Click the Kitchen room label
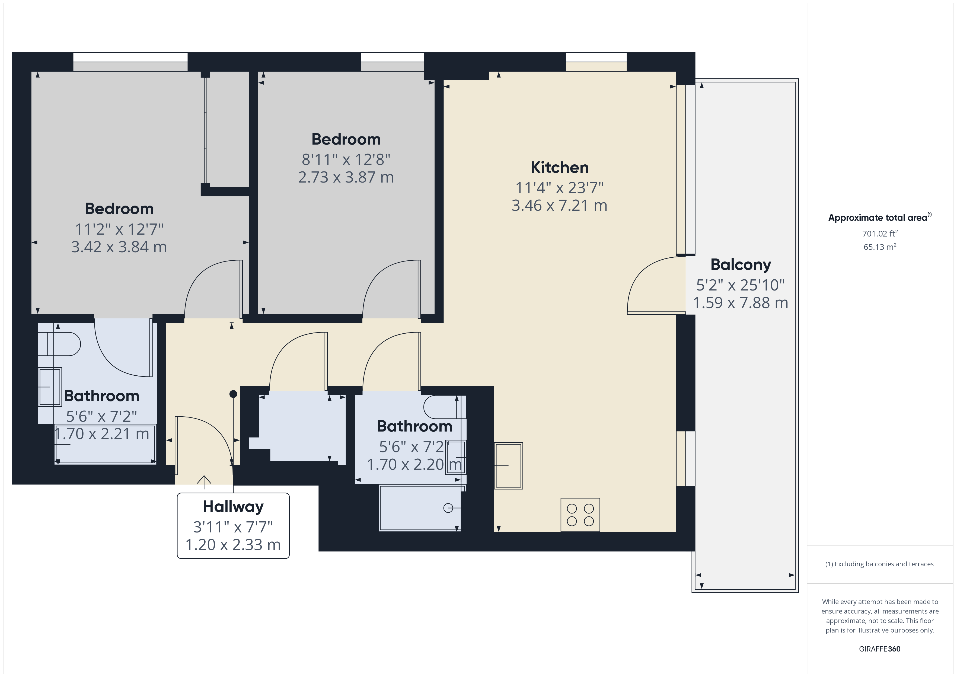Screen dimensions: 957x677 (559, 168)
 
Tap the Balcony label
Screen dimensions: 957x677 (741, 265)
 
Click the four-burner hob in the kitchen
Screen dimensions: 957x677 (580, 515)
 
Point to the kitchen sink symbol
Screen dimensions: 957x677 (509, 466)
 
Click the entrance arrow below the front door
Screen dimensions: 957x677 (204, 482)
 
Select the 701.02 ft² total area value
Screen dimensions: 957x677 (880, 234)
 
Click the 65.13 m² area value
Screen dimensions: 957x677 (880, 247)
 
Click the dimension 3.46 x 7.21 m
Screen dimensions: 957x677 (559, 206)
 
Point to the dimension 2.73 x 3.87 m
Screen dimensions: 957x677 (346, 177)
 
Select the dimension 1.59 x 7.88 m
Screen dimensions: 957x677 (741, 303)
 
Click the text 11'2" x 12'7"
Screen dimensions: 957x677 (119, 229)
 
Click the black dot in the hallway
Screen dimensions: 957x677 (233, 394)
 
